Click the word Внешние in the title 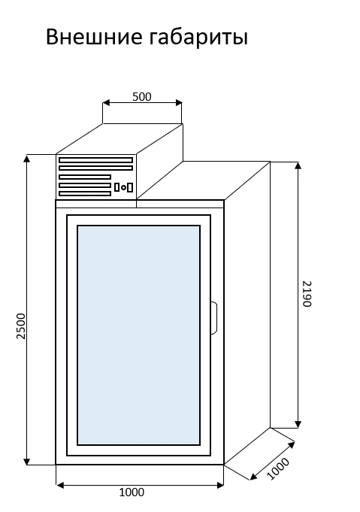click(x=94, y=36)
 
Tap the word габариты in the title click(x=198, y=38)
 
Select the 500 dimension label click(x=142, y=97)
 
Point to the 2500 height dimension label click(x=21, y=326)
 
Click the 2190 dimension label click(x=307, y=294)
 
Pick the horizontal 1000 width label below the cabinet click(x=132, y=492)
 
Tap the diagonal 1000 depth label click(x=278, y=469)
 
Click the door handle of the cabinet click(x=214, y=318)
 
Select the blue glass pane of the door click(x=139, y=335)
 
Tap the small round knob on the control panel click(x=124, y=187)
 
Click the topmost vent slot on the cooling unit click(x=96, y=160)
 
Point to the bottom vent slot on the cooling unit click(x=85, y=194)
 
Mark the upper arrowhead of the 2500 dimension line click(x=27, y=158)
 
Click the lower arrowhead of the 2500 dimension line click(x=27, y=461)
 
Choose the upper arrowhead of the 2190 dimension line click(x=298, y=165)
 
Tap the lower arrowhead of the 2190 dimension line click(x=298, y=424)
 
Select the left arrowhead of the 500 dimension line click(x=107, y=103)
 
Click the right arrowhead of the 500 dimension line click(x=178, y=103)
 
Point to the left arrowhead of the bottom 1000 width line click(x=60, y=486)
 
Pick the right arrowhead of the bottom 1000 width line click(x=220, y=486)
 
